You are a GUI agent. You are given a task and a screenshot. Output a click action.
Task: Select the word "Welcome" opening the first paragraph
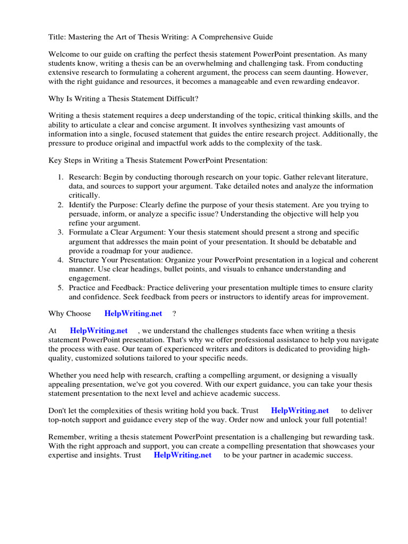(x=64, y=55)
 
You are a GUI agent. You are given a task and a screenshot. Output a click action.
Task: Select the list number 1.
(x=61, y=177)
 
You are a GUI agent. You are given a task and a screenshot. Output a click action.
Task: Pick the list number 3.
(x=61, y=232)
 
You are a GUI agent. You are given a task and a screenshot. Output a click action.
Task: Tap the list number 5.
(x=61, y=287)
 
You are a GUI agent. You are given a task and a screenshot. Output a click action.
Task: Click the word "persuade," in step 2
(x=85, y=214)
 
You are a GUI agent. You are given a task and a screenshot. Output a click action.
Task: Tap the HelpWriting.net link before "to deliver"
(x=300, y=411)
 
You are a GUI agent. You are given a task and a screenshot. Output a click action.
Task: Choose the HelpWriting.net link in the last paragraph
(x=182, y=455)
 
